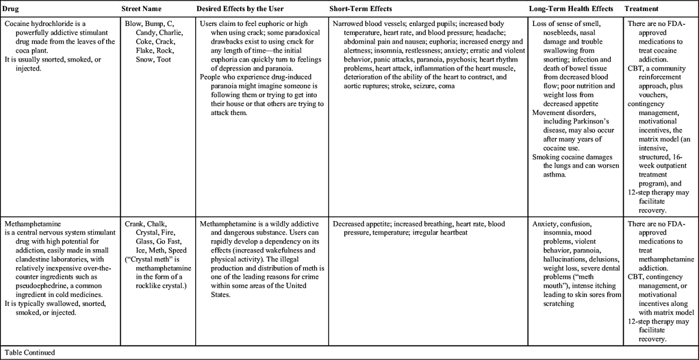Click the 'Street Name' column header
click(141, 9)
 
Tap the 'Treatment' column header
click(642, 9)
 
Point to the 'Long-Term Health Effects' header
click(571, 9)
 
